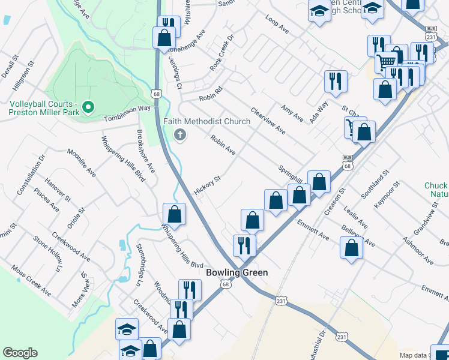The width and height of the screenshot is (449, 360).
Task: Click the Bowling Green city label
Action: click(237, 272)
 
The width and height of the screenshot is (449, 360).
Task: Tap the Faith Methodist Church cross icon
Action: click(178, 135)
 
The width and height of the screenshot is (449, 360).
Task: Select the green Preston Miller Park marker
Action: click(88, 107)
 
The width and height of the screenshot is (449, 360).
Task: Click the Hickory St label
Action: click(208, 186)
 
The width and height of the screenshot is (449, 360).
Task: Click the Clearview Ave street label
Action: click(268, 121)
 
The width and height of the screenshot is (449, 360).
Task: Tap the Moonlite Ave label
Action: click(81, 163)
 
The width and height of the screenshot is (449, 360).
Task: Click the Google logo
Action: click(20, 353)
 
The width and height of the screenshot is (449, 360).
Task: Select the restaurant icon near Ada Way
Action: click(336, 81)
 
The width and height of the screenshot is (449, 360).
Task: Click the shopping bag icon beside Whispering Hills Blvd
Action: click(174, 214)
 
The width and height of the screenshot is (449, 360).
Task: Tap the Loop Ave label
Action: click(277, 24)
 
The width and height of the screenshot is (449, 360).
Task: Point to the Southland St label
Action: click(372, 188)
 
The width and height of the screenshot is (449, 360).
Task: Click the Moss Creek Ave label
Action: click(31, 281)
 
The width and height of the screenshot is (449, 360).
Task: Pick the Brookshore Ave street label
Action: click(145, 152)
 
